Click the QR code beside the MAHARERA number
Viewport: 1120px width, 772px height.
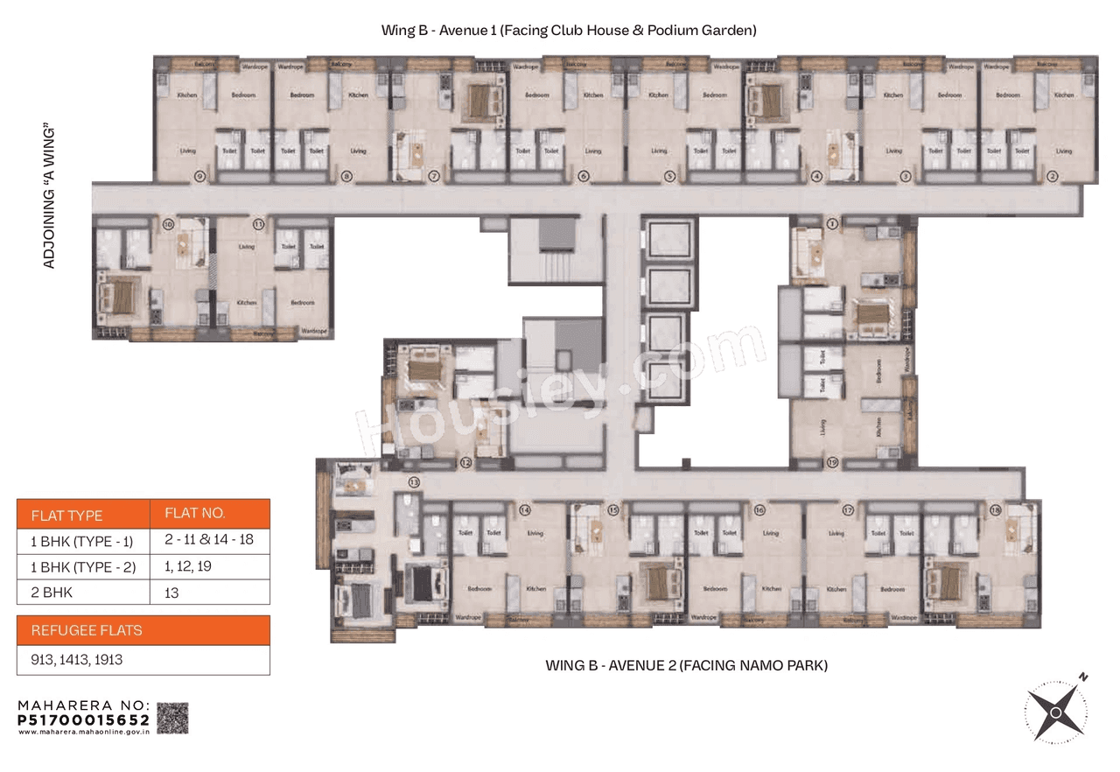[x=172, y=718]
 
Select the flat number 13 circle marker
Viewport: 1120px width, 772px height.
[x=414, y=482]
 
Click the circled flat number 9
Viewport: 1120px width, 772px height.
[x=200, y=177]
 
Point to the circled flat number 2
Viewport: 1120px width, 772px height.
[x=1052, y=177]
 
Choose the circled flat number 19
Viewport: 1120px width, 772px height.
[x=832, y=462]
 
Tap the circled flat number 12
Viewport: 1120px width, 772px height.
[x=465, y=462]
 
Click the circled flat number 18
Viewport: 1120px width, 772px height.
[x=995, y=509]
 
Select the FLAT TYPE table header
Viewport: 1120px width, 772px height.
[x=67, y=515]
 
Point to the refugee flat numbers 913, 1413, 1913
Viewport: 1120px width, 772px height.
[x=77, y=660]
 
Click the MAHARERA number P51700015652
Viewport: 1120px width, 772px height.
[x=84, y=719]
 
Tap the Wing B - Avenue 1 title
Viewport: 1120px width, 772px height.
[x=568, y=31]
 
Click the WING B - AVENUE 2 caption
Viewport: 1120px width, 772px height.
[x=686, y=666]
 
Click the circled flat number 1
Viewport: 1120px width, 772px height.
[x=832, y=224]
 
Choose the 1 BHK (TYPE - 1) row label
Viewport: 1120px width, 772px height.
[x=83, y=540]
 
